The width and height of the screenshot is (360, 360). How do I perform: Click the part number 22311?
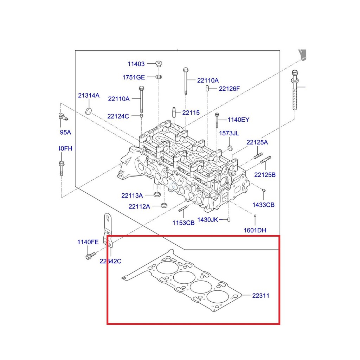coord(261,296)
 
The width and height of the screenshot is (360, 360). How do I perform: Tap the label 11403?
coord(136,64)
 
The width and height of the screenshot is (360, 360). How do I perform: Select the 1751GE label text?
coord(134,77)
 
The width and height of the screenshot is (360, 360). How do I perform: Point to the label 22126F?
coord(229,89)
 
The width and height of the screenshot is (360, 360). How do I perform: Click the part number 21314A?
coord(89,96)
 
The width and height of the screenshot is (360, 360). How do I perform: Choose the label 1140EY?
coord(238,120)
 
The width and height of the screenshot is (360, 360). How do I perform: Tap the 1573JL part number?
coord(229,133)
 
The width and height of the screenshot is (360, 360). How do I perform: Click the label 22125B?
coord(265,174)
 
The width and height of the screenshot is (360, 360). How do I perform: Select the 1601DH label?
coord(255,231)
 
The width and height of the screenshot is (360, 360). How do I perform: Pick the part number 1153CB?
coord(183,223)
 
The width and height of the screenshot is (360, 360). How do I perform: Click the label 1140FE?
coord(88,242)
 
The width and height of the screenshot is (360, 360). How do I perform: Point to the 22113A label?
coord(132,195)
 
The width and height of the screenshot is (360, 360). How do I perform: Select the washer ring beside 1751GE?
coord(159,77)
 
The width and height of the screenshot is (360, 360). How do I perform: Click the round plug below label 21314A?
coord(89,111)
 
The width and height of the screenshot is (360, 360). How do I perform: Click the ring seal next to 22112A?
coord(164,205)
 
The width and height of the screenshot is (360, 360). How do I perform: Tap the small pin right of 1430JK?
coord(229,220)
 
